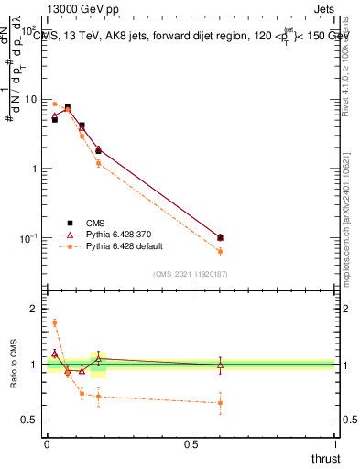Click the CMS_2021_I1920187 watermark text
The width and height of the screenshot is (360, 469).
(191, 274)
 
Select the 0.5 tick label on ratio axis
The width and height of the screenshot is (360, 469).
(30, 420)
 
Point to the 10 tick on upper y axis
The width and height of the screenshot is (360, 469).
(30, 99)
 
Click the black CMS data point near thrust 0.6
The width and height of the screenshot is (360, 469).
(220, 237)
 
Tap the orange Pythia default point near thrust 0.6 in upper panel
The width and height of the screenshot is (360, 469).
(220, 251)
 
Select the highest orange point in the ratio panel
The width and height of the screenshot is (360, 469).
(54, 322)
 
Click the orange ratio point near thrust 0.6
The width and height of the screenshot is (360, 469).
(220, 402)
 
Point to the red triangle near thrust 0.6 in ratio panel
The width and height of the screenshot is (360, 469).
(220, 365)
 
